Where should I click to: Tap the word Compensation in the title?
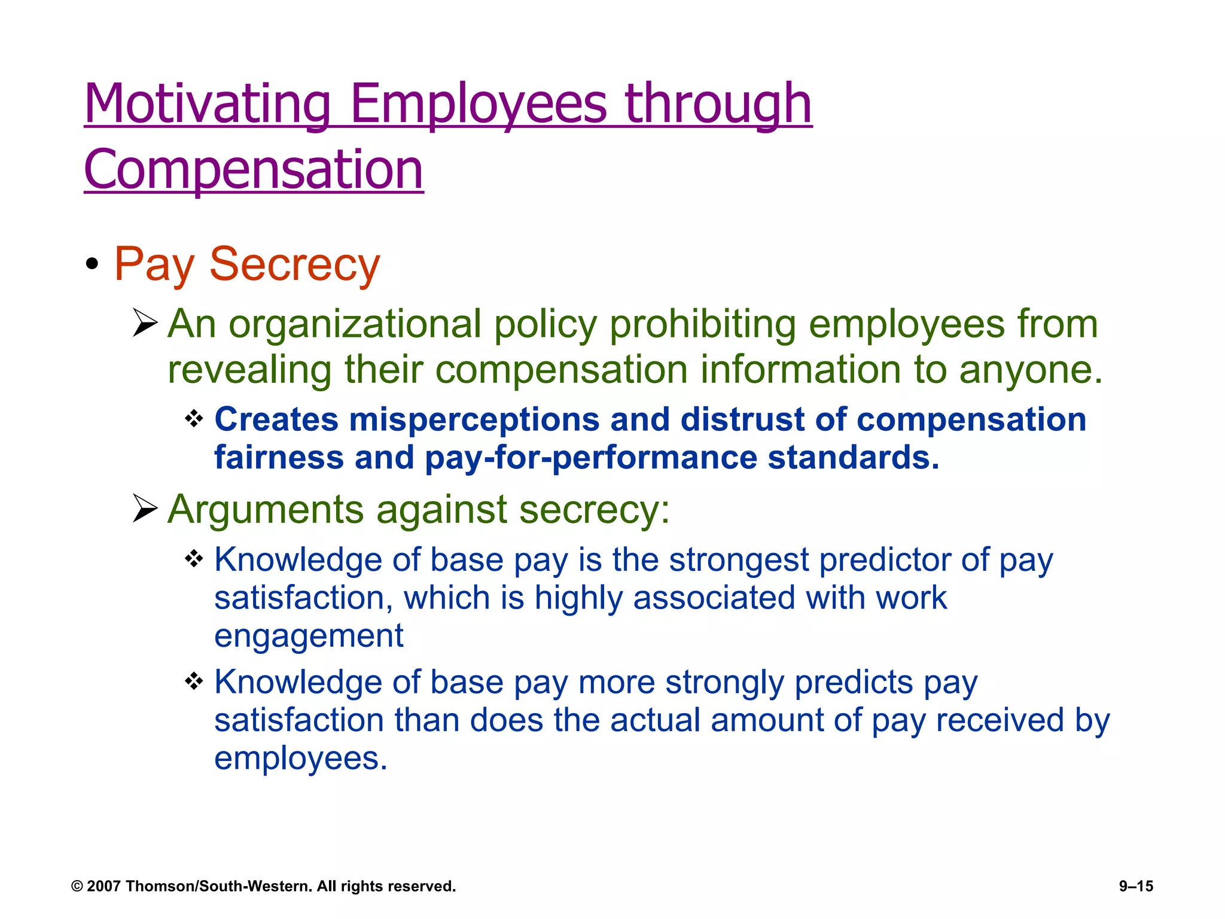254,170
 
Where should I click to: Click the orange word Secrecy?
294,264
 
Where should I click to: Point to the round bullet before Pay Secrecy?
92,264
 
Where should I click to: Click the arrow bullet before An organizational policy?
144,324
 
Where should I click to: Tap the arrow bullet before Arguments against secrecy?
144,509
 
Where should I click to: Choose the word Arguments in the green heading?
266,509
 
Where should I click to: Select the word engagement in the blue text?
309,635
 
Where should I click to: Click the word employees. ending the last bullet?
301,758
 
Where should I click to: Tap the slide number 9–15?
1136,886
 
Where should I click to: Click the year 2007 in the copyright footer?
104,886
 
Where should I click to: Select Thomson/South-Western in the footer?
219,886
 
